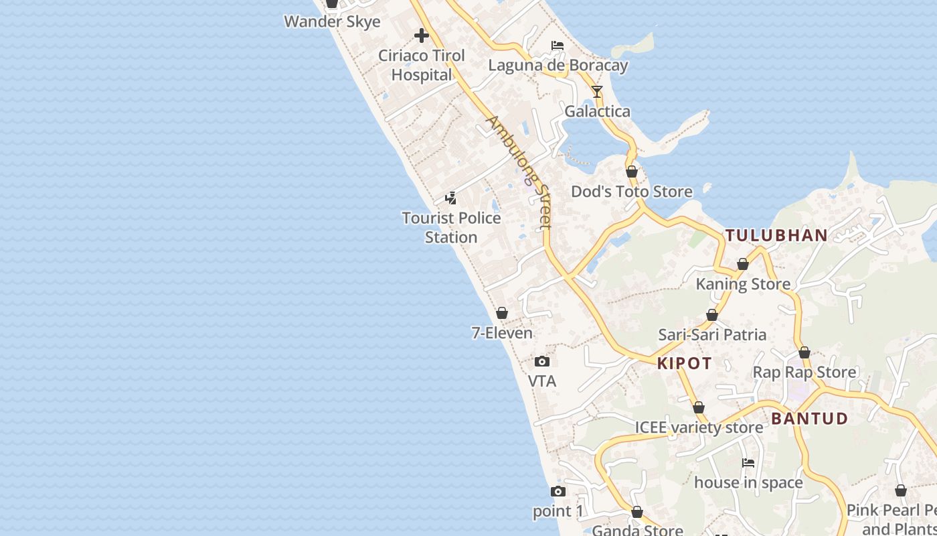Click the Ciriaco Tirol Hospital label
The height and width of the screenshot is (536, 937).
(x=422, y=65)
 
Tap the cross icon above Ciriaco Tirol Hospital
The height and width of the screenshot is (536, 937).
(x=422, y=35)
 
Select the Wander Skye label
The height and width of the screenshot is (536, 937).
(x=332, y=21)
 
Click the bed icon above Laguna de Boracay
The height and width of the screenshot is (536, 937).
(x=558, y=46)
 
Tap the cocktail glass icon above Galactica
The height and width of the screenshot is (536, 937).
(x=597, y=92)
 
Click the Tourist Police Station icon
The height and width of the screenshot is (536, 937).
(x=451, y=198)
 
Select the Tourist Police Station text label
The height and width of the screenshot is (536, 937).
(x=451, y=228)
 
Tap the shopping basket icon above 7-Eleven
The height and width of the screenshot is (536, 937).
(x=502, y=313)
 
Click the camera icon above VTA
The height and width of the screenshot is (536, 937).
(x=542, y=362)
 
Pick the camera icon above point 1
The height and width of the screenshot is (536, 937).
(x=558, y=492)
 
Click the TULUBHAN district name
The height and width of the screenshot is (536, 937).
(x=776, y=235)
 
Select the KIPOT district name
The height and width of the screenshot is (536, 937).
(x=684, y=363)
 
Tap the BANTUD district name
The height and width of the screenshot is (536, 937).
(x=809, y=419)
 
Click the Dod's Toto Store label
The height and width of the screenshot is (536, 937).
(x=631, y=192)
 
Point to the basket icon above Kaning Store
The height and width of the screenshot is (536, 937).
(x=743, y=265)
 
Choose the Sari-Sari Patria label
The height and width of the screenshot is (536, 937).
(x=712, y=334)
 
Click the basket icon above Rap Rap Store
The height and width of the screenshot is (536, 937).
(x=804, y=352)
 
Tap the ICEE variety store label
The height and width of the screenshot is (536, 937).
(x=699, y=427)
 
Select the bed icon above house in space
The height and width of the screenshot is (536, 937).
(x=748, y=463)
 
